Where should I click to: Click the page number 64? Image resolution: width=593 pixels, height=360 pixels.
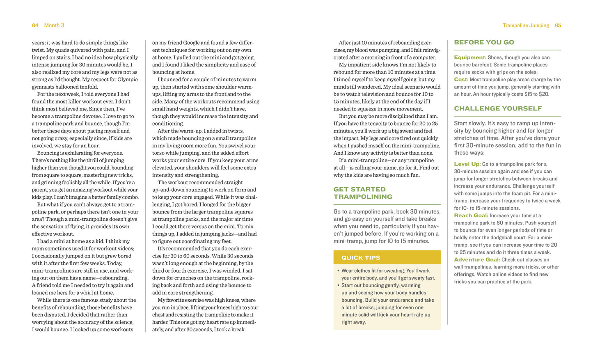(x=35, y=25)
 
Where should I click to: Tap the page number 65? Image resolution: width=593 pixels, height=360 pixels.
(x=558, y=25)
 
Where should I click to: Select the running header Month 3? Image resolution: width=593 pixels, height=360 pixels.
(x=54, y=25)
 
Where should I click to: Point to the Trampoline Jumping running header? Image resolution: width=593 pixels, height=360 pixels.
(x=526, y=25)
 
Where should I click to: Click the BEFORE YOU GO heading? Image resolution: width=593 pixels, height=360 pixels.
(x=484, y=42)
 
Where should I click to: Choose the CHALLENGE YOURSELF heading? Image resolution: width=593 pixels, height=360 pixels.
(x=498, y=109)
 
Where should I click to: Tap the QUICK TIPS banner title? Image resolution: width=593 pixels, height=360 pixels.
(x=361, y=258)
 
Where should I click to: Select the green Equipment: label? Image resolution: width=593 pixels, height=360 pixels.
(x=470, y=57)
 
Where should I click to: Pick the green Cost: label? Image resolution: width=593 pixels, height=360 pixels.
(x=461, y=80)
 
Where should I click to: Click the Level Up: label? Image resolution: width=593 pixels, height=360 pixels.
(x=467, y=164)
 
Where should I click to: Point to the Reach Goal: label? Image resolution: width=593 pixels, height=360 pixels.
(x=471, y=216)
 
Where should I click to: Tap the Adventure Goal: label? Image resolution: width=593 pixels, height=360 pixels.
(x=477, y=260)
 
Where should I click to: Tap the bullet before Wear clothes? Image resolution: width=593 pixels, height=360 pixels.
(x=338, y=271)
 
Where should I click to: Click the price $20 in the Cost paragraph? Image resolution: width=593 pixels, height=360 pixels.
(x=544, y=94)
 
